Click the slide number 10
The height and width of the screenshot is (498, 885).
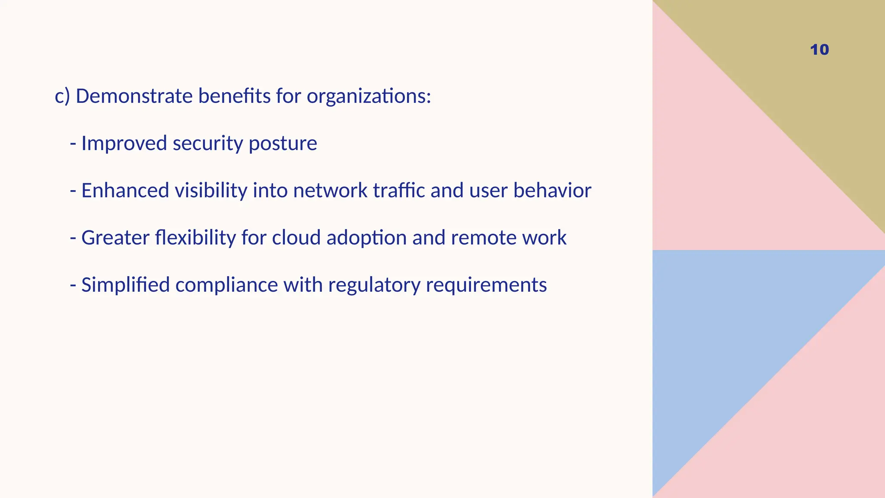coord(819,50)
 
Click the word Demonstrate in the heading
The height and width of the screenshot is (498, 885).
coord(134,96)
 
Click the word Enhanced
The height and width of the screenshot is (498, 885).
coord(125,191)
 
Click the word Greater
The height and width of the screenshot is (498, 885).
coord(115,238)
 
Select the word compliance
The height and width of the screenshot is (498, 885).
coord(226,285)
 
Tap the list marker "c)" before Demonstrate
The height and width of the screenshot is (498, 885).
coord(62,96)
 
